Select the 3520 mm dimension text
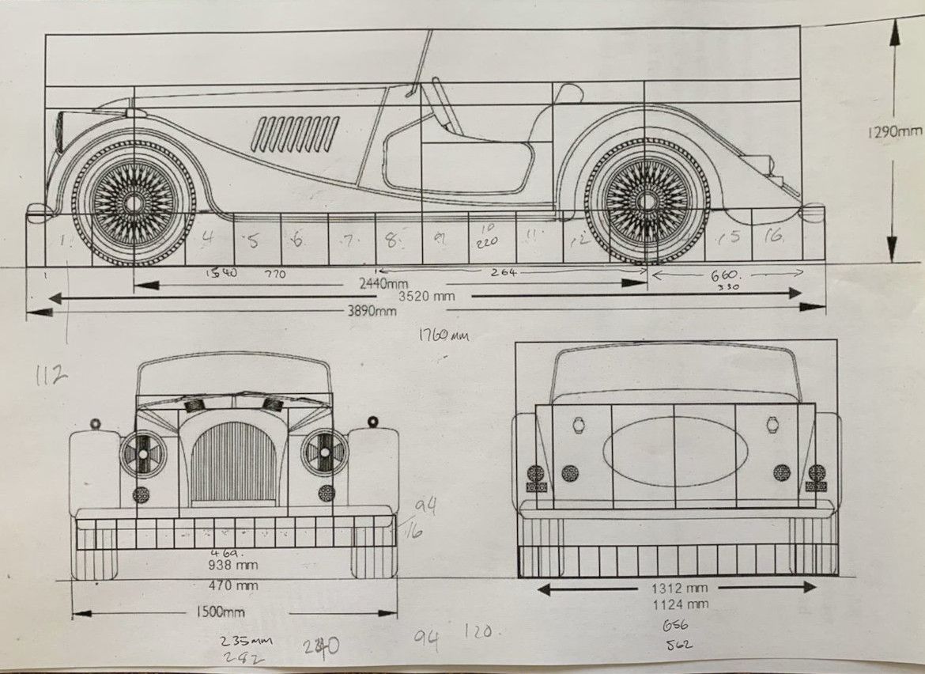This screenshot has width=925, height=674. (427, 296)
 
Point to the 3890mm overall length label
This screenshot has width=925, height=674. (372, 311)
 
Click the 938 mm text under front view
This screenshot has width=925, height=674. (234, 565)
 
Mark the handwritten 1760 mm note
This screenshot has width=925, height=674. (444, 336)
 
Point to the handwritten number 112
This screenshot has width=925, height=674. (51, 376)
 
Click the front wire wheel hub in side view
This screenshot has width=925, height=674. (134, 203)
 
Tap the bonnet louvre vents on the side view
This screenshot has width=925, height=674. (295, 134)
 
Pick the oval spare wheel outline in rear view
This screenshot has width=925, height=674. (674, 452)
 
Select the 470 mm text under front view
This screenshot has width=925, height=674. (234, 586)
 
